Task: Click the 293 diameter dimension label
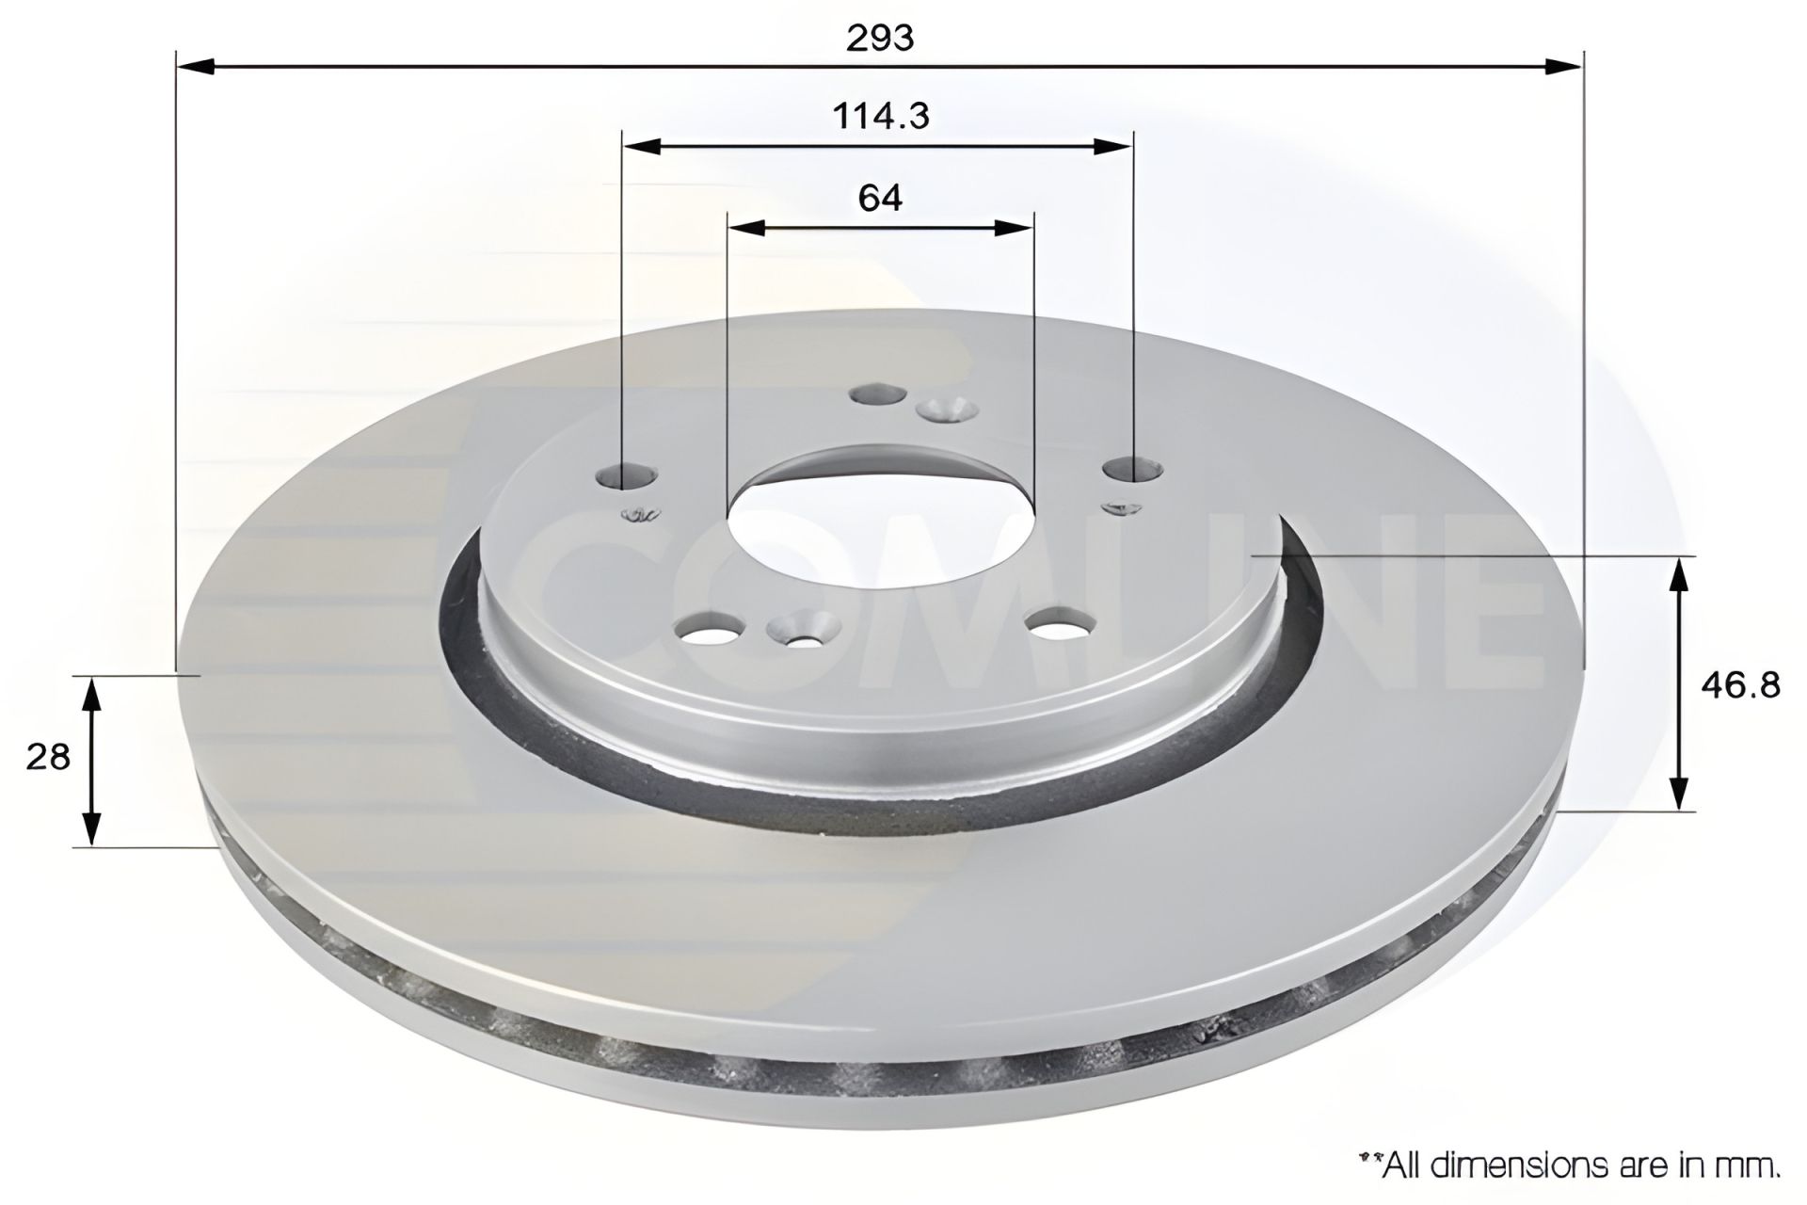(880, 38)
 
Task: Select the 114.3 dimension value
(881, 116)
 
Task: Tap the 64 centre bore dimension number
(880, 198)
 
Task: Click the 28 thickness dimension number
(48, 757)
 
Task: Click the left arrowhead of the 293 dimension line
(196, 66)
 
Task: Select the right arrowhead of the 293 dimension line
(1563, 66)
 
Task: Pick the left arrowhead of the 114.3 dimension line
(643, 146)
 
